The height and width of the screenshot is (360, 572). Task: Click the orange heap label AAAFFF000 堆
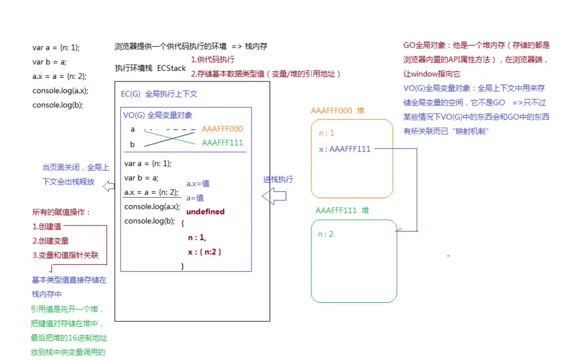[x=338, y=110]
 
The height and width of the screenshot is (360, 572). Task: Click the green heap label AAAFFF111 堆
[x=343, y=210]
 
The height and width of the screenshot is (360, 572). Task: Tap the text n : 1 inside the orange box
[x=326, y=133]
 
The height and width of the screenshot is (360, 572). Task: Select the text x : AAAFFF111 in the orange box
[x=345, y=149]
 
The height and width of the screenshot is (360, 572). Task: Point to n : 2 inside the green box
[x=326, y=234]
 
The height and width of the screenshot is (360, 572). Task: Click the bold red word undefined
[x=205, y=212]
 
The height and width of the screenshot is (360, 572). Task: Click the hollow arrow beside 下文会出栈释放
[x=109, y=186]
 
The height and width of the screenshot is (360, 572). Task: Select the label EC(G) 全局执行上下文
[x=159, y=94]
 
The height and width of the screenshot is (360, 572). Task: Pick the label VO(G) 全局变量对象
[x=158, y=115]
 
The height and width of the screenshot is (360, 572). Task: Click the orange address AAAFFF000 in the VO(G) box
[x=222, y=129]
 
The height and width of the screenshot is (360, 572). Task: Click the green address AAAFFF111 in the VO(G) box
[x=222, y=142]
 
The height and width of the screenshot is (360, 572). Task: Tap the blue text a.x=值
[x=198, y=184]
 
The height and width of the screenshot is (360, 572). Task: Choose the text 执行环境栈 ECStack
[x=150, y=68]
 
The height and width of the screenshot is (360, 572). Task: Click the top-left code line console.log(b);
[x=57, y=105]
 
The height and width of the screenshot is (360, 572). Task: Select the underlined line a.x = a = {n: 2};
[x=151, y=192]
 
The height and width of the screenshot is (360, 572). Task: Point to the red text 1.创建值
[x=47, y=227]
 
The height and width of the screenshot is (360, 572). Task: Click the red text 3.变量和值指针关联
[x=65, y=255]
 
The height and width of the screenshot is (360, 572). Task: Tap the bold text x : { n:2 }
[x=205, y=251]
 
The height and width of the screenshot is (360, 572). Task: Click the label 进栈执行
[x=278, y=179]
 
